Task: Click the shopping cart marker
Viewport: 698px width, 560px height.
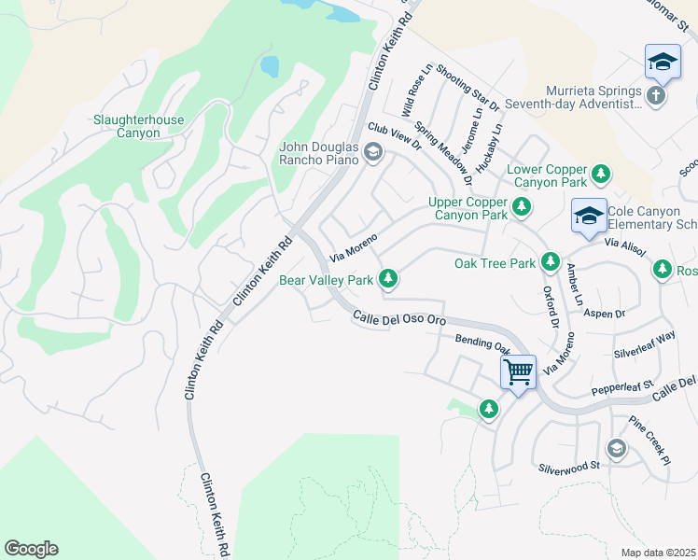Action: click(518, 372)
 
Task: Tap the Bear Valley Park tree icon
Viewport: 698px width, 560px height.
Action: click(388, 279)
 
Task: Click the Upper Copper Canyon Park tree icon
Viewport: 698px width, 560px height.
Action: click(521, 208)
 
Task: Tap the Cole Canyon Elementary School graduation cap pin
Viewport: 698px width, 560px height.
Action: click(589, 217)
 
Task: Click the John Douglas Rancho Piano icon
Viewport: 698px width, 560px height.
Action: click(373, 152)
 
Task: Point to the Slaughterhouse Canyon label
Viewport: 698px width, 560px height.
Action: click(138, 126)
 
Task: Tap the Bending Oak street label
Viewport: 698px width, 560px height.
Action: click(481, 343)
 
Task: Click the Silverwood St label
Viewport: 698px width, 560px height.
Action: click(567, 465)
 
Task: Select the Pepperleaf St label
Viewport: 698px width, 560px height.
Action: click(622, 385)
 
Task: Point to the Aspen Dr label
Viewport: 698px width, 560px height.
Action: click(604, 315)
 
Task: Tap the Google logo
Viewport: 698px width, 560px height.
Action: click(31, 548)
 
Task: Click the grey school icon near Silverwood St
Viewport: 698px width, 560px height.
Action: click(615, 449)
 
